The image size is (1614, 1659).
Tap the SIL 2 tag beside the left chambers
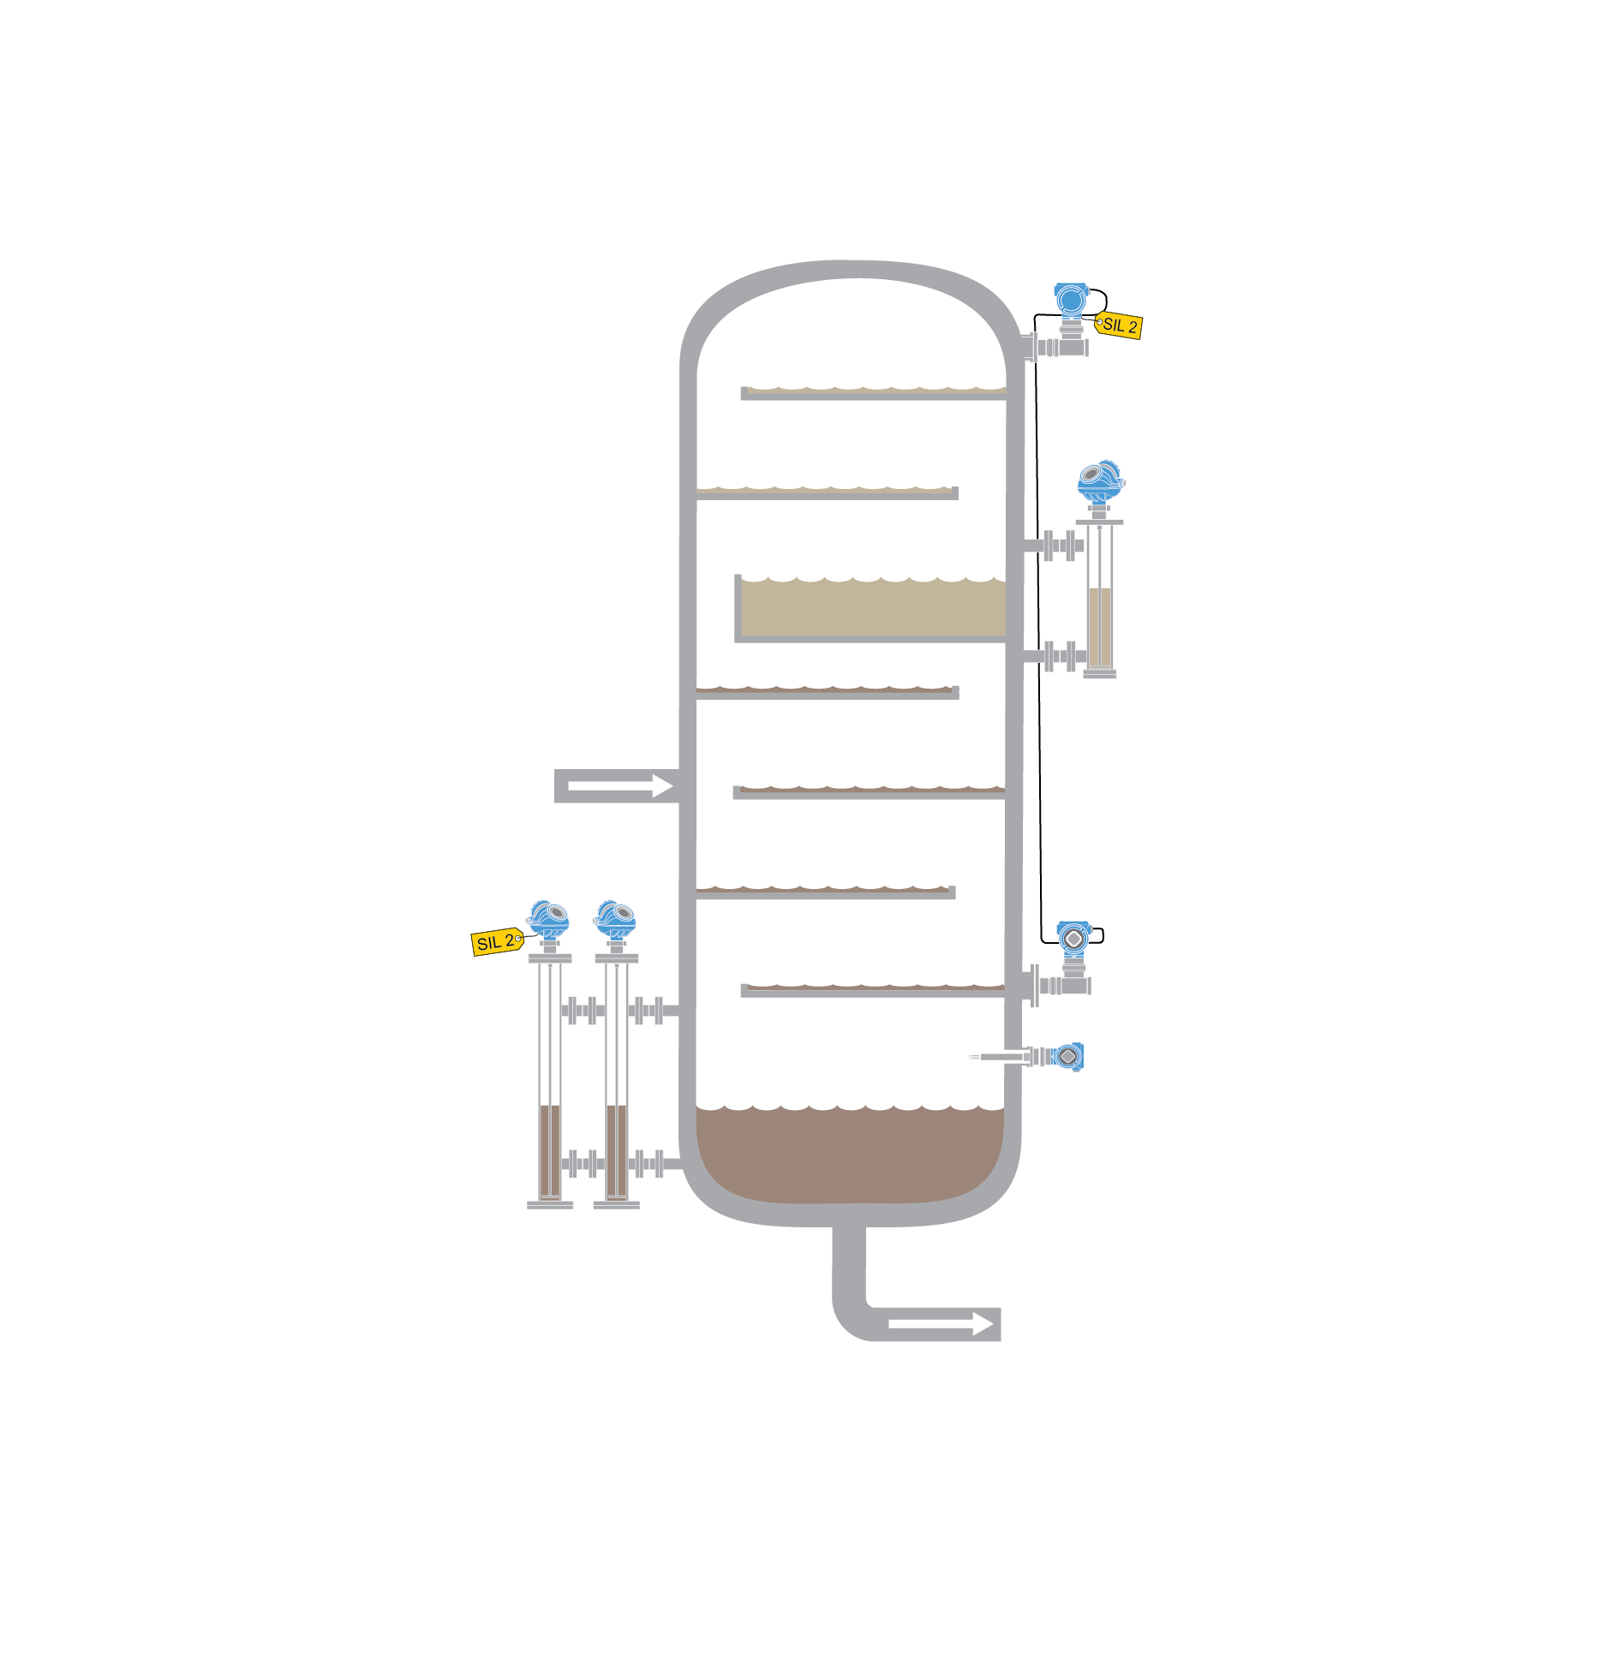(495, 942)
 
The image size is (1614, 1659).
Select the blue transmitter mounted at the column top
(1071, 301)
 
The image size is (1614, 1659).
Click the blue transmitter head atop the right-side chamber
(1101, 481)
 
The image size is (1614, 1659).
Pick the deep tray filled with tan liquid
(872, 608)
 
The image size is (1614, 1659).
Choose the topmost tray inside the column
(873, 393)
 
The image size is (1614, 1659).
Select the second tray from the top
(827, 492)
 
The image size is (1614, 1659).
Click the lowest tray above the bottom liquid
(872, 990)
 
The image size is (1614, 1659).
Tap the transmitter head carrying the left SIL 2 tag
(548, 918)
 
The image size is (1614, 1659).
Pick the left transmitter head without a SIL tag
(615, 918)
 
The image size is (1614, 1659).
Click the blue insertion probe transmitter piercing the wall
(1067, 1057)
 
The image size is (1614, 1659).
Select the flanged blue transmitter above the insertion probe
(1073, 940)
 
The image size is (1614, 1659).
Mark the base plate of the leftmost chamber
(550, 1205)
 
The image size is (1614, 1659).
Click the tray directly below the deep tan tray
(827, 691)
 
